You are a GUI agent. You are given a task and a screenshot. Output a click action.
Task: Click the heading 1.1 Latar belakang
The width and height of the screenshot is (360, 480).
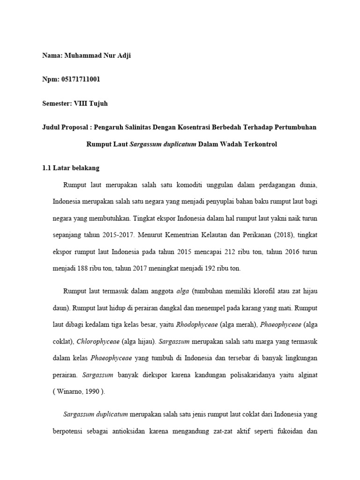[x=70, y=167]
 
